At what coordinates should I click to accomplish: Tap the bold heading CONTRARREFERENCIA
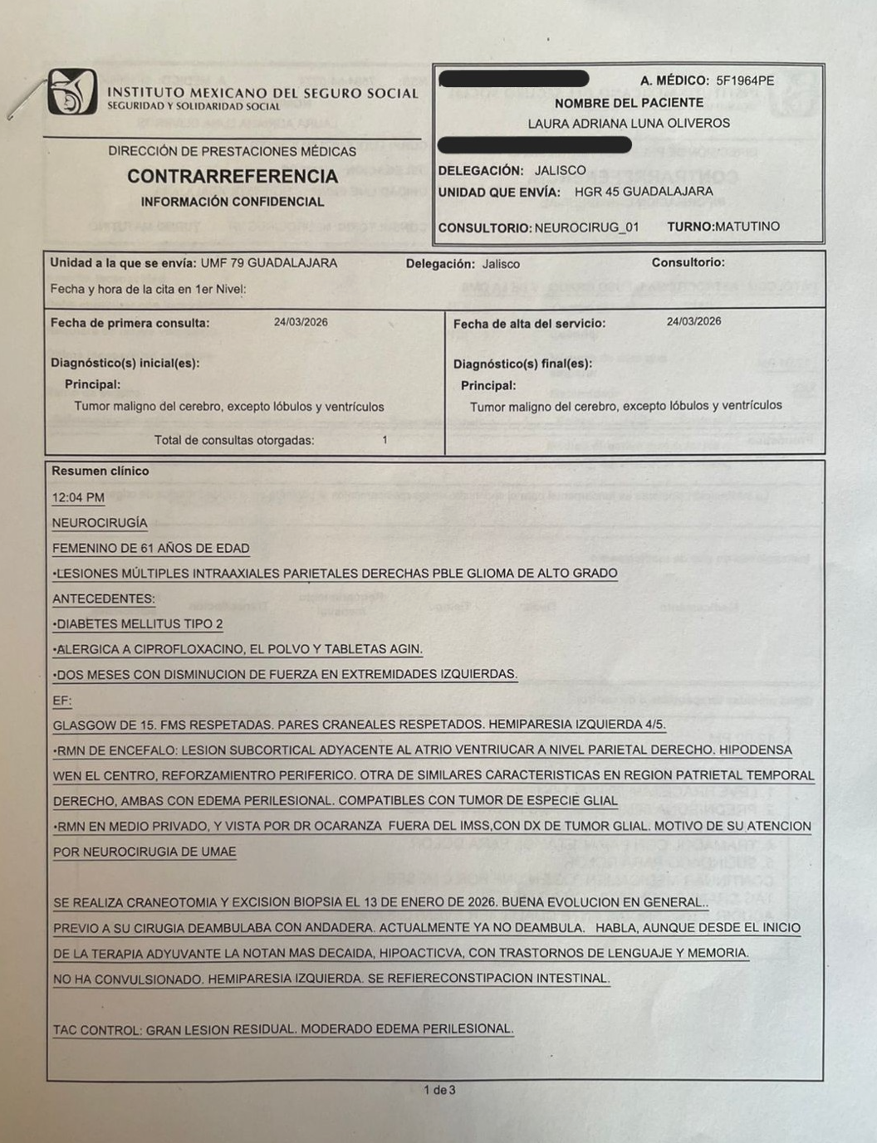click(233, 176)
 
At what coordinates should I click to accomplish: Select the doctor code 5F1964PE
click(745, 81)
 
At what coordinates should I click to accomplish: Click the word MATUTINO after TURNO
click(747, 227)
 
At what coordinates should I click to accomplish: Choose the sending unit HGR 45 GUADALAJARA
click(644, 192)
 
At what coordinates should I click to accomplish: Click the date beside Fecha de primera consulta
click(301, 322)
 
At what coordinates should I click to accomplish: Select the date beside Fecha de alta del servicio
click(693, 321)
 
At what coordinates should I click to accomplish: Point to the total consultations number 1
click(385, 440)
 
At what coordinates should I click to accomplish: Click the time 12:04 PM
click(78, 497)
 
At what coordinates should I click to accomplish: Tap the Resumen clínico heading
click(100, 471)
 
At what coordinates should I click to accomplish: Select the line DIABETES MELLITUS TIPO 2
click(140, 624)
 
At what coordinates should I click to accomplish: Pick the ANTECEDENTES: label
click(104, 598)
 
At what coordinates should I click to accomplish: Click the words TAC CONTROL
click(97, 1030)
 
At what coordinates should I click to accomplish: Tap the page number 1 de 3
click(439, 1090)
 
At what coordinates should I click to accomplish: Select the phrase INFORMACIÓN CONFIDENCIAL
click(233, 202)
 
